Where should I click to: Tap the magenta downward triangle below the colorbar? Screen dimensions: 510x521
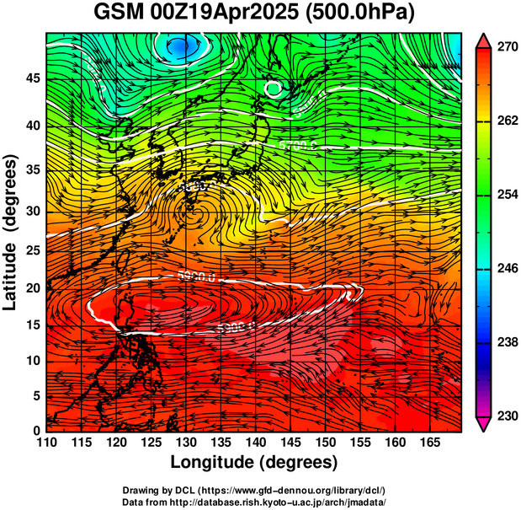pyautogui.click(x=484, y=423)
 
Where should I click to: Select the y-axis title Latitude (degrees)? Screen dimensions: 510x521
pyautogui.click(x=12, y=232)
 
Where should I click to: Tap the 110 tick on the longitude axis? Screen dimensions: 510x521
pyautogui.click(x=46, y=442)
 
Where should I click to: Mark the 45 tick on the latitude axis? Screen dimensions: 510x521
pyautogui.click(x=30, y=78)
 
